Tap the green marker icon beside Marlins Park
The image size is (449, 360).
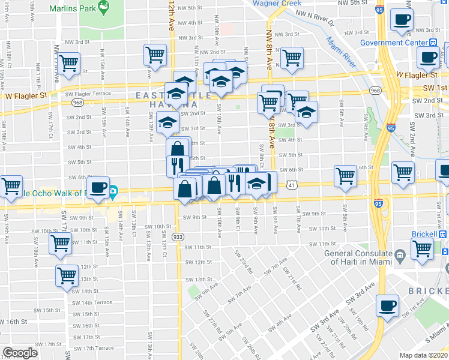pyautogui.click(x=104, y=8)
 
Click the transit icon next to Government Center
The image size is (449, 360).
pyautogui.click(x=433, y=43)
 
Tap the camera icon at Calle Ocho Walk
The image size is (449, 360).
pyautogui.click(x=113, y=193)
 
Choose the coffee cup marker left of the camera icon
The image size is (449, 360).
pyautogui.click(x=98, y=187)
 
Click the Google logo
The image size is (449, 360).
pyautogui.click(x=20, y=353)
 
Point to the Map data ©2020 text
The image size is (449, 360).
pyautogui.click(x=424, y=355)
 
